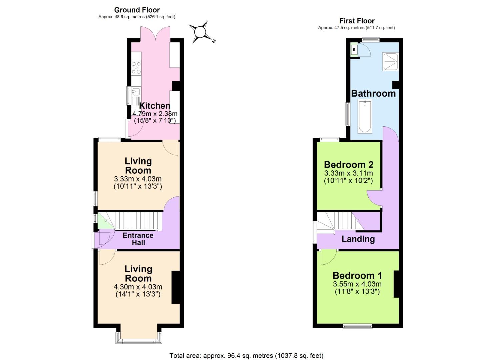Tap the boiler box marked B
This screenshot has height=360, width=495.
tap(354, 50)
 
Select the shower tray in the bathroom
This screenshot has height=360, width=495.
tap(390, 61)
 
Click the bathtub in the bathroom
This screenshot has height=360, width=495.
tap(365, 116)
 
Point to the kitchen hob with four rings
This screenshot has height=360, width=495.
tap(136, 67)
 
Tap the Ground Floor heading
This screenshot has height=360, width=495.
tap(137, 10)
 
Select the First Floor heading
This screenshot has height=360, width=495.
tap(357, 21)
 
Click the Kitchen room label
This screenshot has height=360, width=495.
tap(155, 106)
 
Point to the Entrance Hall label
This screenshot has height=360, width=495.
tap(138, 239)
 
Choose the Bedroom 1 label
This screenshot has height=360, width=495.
tap(357, 276)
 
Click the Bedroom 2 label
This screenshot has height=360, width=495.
tap(349, 165)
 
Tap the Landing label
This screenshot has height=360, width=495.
tap(358, 239)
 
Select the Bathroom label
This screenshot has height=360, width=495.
tap(373, 93)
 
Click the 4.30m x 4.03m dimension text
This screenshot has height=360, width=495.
tap(138, 287)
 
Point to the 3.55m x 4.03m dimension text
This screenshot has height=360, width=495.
tap(357, 284)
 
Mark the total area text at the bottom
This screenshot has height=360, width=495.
tap(246, 356)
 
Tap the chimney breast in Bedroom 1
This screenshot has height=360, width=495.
tap(396, 284)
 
